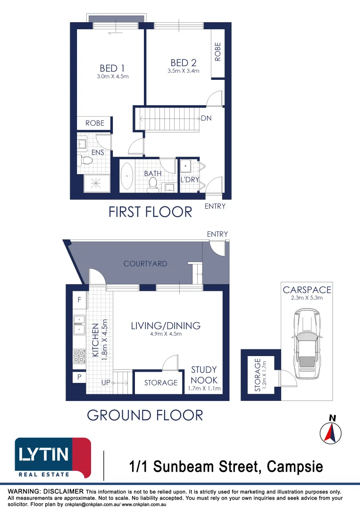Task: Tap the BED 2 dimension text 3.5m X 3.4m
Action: click(183, 71)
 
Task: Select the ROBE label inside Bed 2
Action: click(218, 52)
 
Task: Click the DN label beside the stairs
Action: click(206, 119)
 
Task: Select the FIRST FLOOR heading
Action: click(150, 212)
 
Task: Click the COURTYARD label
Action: click(145, 263)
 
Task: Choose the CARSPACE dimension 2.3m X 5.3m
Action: click(307, 298)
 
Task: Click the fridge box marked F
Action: click(79, 299)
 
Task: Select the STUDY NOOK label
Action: click(204, 374)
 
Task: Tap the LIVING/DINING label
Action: click(165, 325)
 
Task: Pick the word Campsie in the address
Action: click(295, 467)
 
